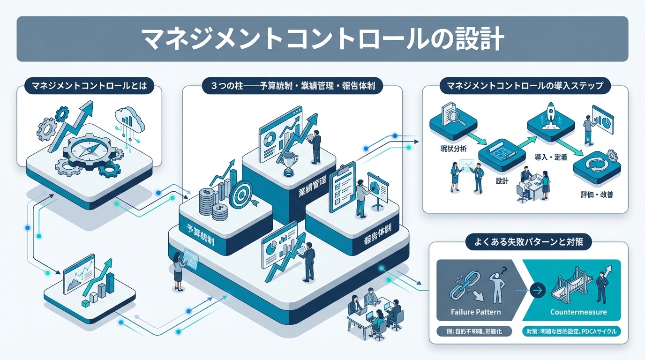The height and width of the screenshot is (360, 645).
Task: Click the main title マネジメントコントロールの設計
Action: coord(322,39)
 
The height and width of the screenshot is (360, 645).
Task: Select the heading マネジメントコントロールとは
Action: coord(89,86)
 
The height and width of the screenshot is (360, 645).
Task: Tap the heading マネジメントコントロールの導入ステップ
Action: coord(525,86)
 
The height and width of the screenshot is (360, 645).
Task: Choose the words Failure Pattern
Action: coord(475,312)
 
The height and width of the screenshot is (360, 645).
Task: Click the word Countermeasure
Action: coord(578,312)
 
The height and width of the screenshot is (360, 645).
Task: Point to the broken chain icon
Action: coord(462,287)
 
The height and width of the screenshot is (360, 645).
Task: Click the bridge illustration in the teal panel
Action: coord(567,287)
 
